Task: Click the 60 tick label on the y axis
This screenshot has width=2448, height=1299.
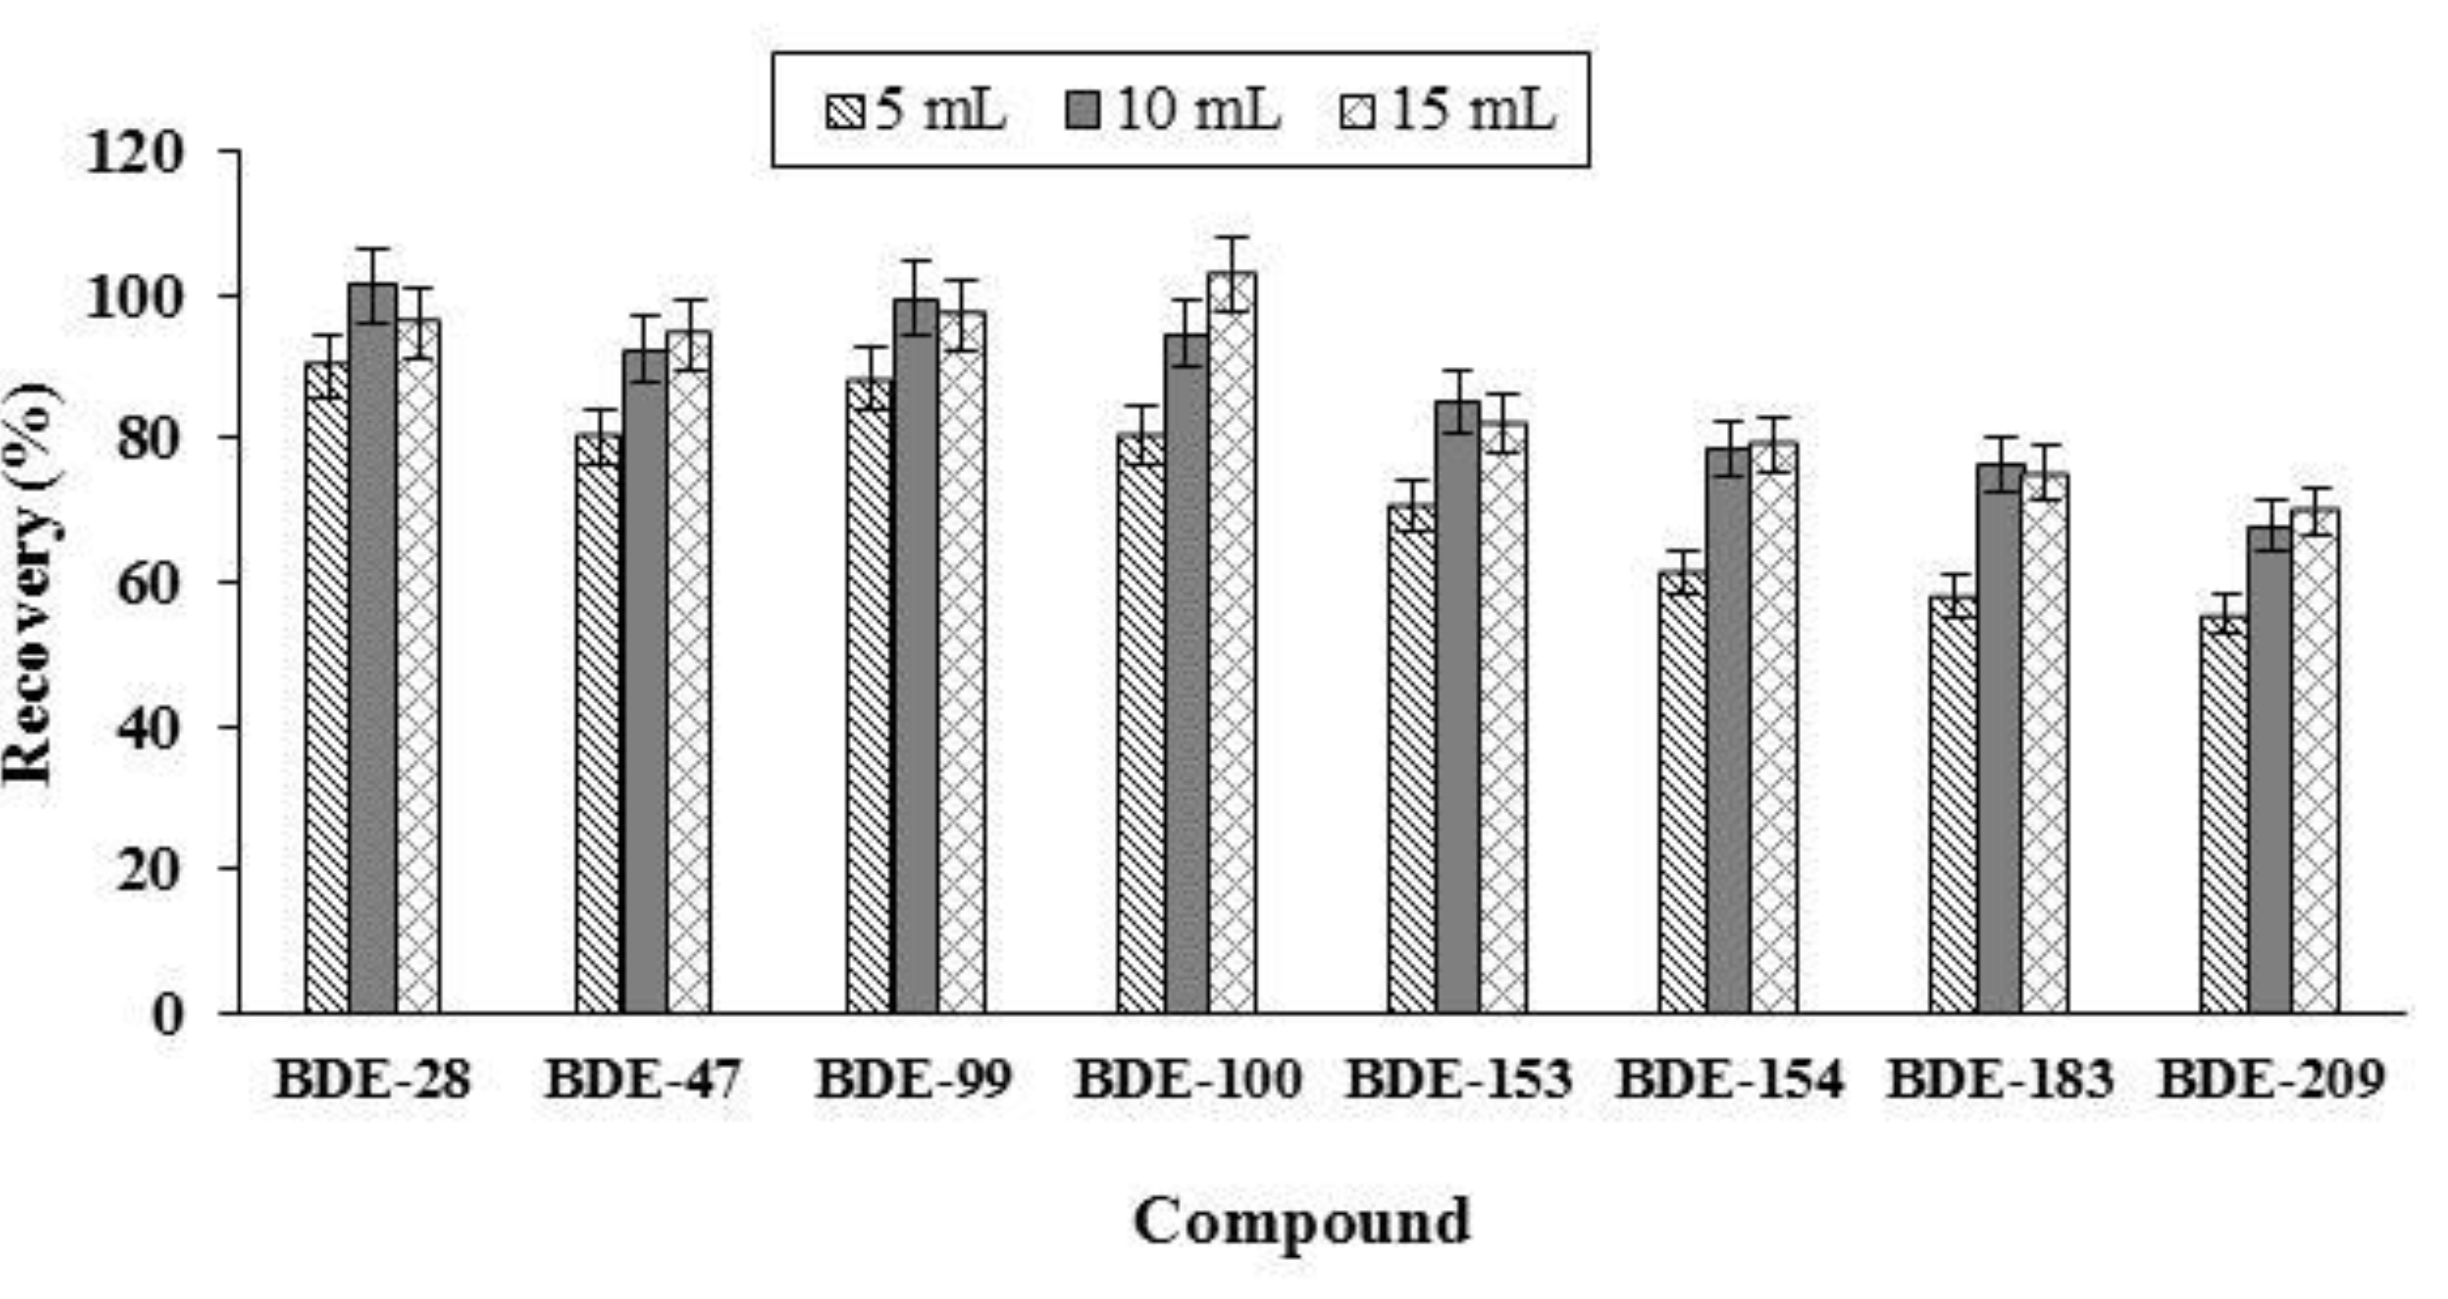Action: pos(147,582)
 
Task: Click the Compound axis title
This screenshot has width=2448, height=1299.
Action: pos(1302,1222)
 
